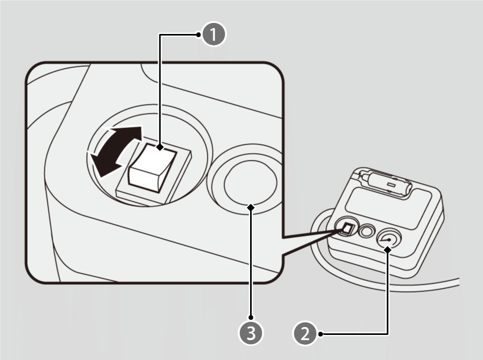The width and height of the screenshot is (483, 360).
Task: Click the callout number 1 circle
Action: (214, 35)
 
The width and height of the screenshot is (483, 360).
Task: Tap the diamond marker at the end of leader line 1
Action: (160, 147)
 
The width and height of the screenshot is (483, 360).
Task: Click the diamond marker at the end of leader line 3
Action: (252, 207)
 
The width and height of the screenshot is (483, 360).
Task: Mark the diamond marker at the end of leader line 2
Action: (387, 250)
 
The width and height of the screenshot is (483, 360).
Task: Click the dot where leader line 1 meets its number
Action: (199, 35)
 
